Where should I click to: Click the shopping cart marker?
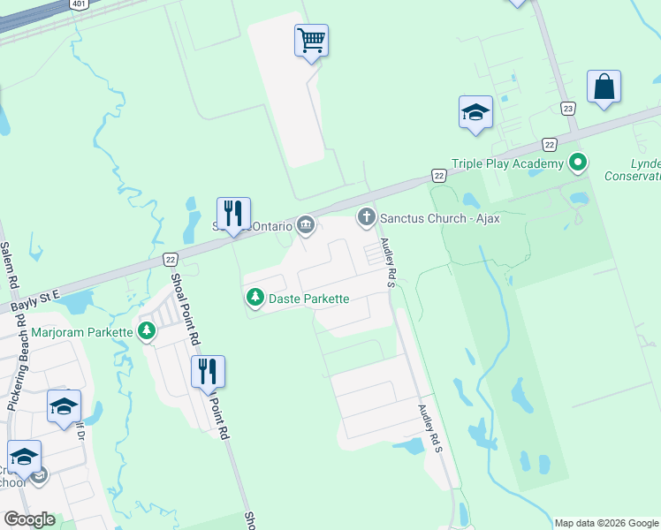tap(311, 41)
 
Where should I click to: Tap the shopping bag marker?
tap(604, 87)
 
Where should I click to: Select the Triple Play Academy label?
tap(507, 163)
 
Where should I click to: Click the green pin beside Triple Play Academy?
tap(578, 163)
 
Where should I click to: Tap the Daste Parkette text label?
tap(309, 299)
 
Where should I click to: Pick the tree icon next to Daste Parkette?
tap(255, 298)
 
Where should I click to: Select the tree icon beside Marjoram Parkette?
tap(146, 332)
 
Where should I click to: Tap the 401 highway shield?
tap(80, 4)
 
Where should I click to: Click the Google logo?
tap(29, 519)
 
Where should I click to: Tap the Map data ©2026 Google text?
tap(605, 523)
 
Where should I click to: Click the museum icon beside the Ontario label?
tap(306, 226)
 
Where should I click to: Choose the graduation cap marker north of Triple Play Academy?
tap(475, 112)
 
